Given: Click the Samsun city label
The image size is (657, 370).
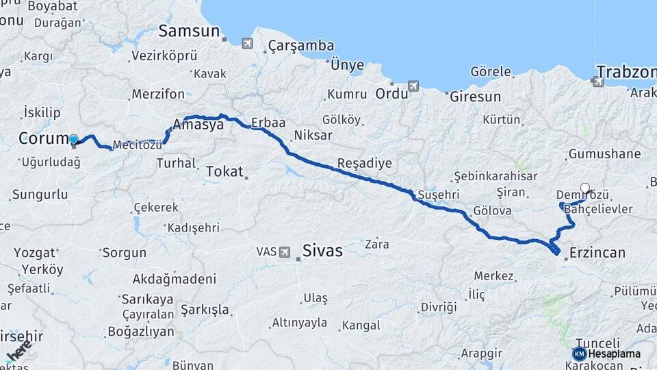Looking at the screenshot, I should coord(190,31).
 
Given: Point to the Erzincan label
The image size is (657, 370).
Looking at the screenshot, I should coord(597,253).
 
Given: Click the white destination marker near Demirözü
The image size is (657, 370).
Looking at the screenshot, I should coord(584,188).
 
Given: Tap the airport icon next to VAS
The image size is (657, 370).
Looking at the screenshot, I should coord(284,251).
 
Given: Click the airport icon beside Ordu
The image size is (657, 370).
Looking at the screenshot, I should coord(413,86).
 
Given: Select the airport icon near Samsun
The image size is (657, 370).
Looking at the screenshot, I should coord(246,43).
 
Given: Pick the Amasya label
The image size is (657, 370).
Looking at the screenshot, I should coord(198,125).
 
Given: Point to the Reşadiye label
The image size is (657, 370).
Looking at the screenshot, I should coord(364,164).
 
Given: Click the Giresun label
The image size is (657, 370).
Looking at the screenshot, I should coord(475,97).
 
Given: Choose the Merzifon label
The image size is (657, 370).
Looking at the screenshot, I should coord(158,94).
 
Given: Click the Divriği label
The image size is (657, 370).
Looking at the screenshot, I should coord(438,307).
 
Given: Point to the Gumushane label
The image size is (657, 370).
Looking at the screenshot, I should coord(604,154).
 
